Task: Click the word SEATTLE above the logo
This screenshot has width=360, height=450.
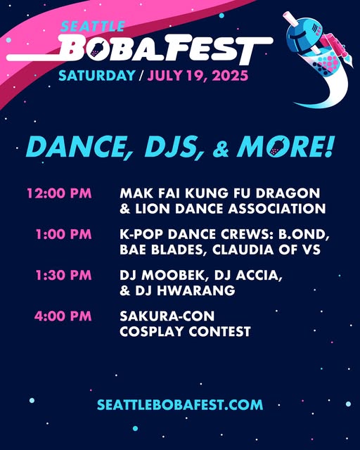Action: [x=92, y=27]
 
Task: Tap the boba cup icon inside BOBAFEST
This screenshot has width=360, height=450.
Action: [x=96, y=49]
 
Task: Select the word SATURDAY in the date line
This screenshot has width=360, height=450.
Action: [x=97, y=75]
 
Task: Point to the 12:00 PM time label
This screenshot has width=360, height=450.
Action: [x=59, y=193]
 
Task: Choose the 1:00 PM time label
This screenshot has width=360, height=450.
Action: [x=63, y=234]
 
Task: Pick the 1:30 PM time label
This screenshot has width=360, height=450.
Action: [x=63, y=275]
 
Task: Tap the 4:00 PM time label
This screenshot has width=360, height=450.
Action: [x=63, y=316]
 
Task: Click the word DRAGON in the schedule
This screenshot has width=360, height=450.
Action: [x=288, y=193]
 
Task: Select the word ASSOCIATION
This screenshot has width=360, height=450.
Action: [x=277, y=209]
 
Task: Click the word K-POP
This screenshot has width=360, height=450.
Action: [x=141, y=234]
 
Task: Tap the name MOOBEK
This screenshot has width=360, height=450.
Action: [x=172, y=276]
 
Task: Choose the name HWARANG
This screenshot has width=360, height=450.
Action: [x=196, y=290]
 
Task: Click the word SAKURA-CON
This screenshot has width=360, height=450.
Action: [x=167, y=316]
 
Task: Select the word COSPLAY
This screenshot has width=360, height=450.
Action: [x=152, y=331]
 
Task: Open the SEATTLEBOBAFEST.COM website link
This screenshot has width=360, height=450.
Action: [x=180, y=405]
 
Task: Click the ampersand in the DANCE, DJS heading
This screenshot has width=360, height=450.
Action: [x=221, y=150]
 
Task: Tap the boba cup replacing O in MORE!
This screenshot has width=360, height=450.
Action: [x=277, y=147]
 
